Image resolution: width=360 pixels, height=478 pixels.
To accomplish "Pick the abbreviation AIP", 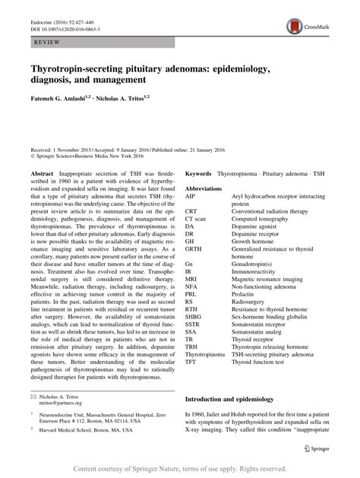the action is click(x=190, y=197).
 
